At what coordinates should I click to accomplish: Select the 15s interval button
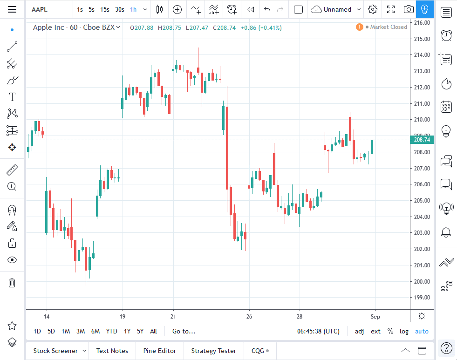pos(105,9)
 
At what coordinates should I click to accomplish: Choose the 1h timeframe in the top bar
pos(134,9)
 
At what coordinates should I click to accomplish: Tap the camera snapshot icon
pos(408,9)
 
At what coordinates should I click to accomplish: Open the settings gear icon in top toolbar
pos(372,9)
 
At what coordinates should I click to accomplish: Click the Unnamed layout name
pos(337,9)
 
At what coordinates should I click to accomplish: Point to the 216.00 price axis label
pos(422,22)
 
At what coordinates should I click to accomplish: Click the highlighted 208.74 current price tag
pos(423,139)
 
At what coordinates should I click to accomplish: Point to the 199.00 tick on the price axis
pos(422,298)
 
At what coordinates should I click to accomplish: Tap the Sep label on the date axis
pos(375,317)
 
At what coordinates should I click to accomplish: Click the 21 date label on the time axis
pos(173,317)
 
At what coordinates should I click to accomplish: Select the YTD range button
pos(111,332)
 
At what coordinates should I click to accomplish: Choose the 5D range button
pos(51,332)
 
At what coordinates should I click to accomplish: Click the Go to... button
pos(184,332)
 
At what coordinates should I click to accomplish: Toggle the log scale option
pos(404,332)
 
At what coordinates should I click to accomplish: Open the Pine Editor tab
pos(160,351)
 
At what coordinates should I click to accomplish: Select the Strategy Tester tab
pos(213,351)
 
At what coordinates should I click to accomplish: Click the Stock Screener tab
pos(55,351)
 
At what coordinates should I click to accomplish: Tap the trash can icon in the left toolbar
pos(12,283)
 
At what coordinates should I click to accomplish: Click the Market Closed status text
pos(389,27)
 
